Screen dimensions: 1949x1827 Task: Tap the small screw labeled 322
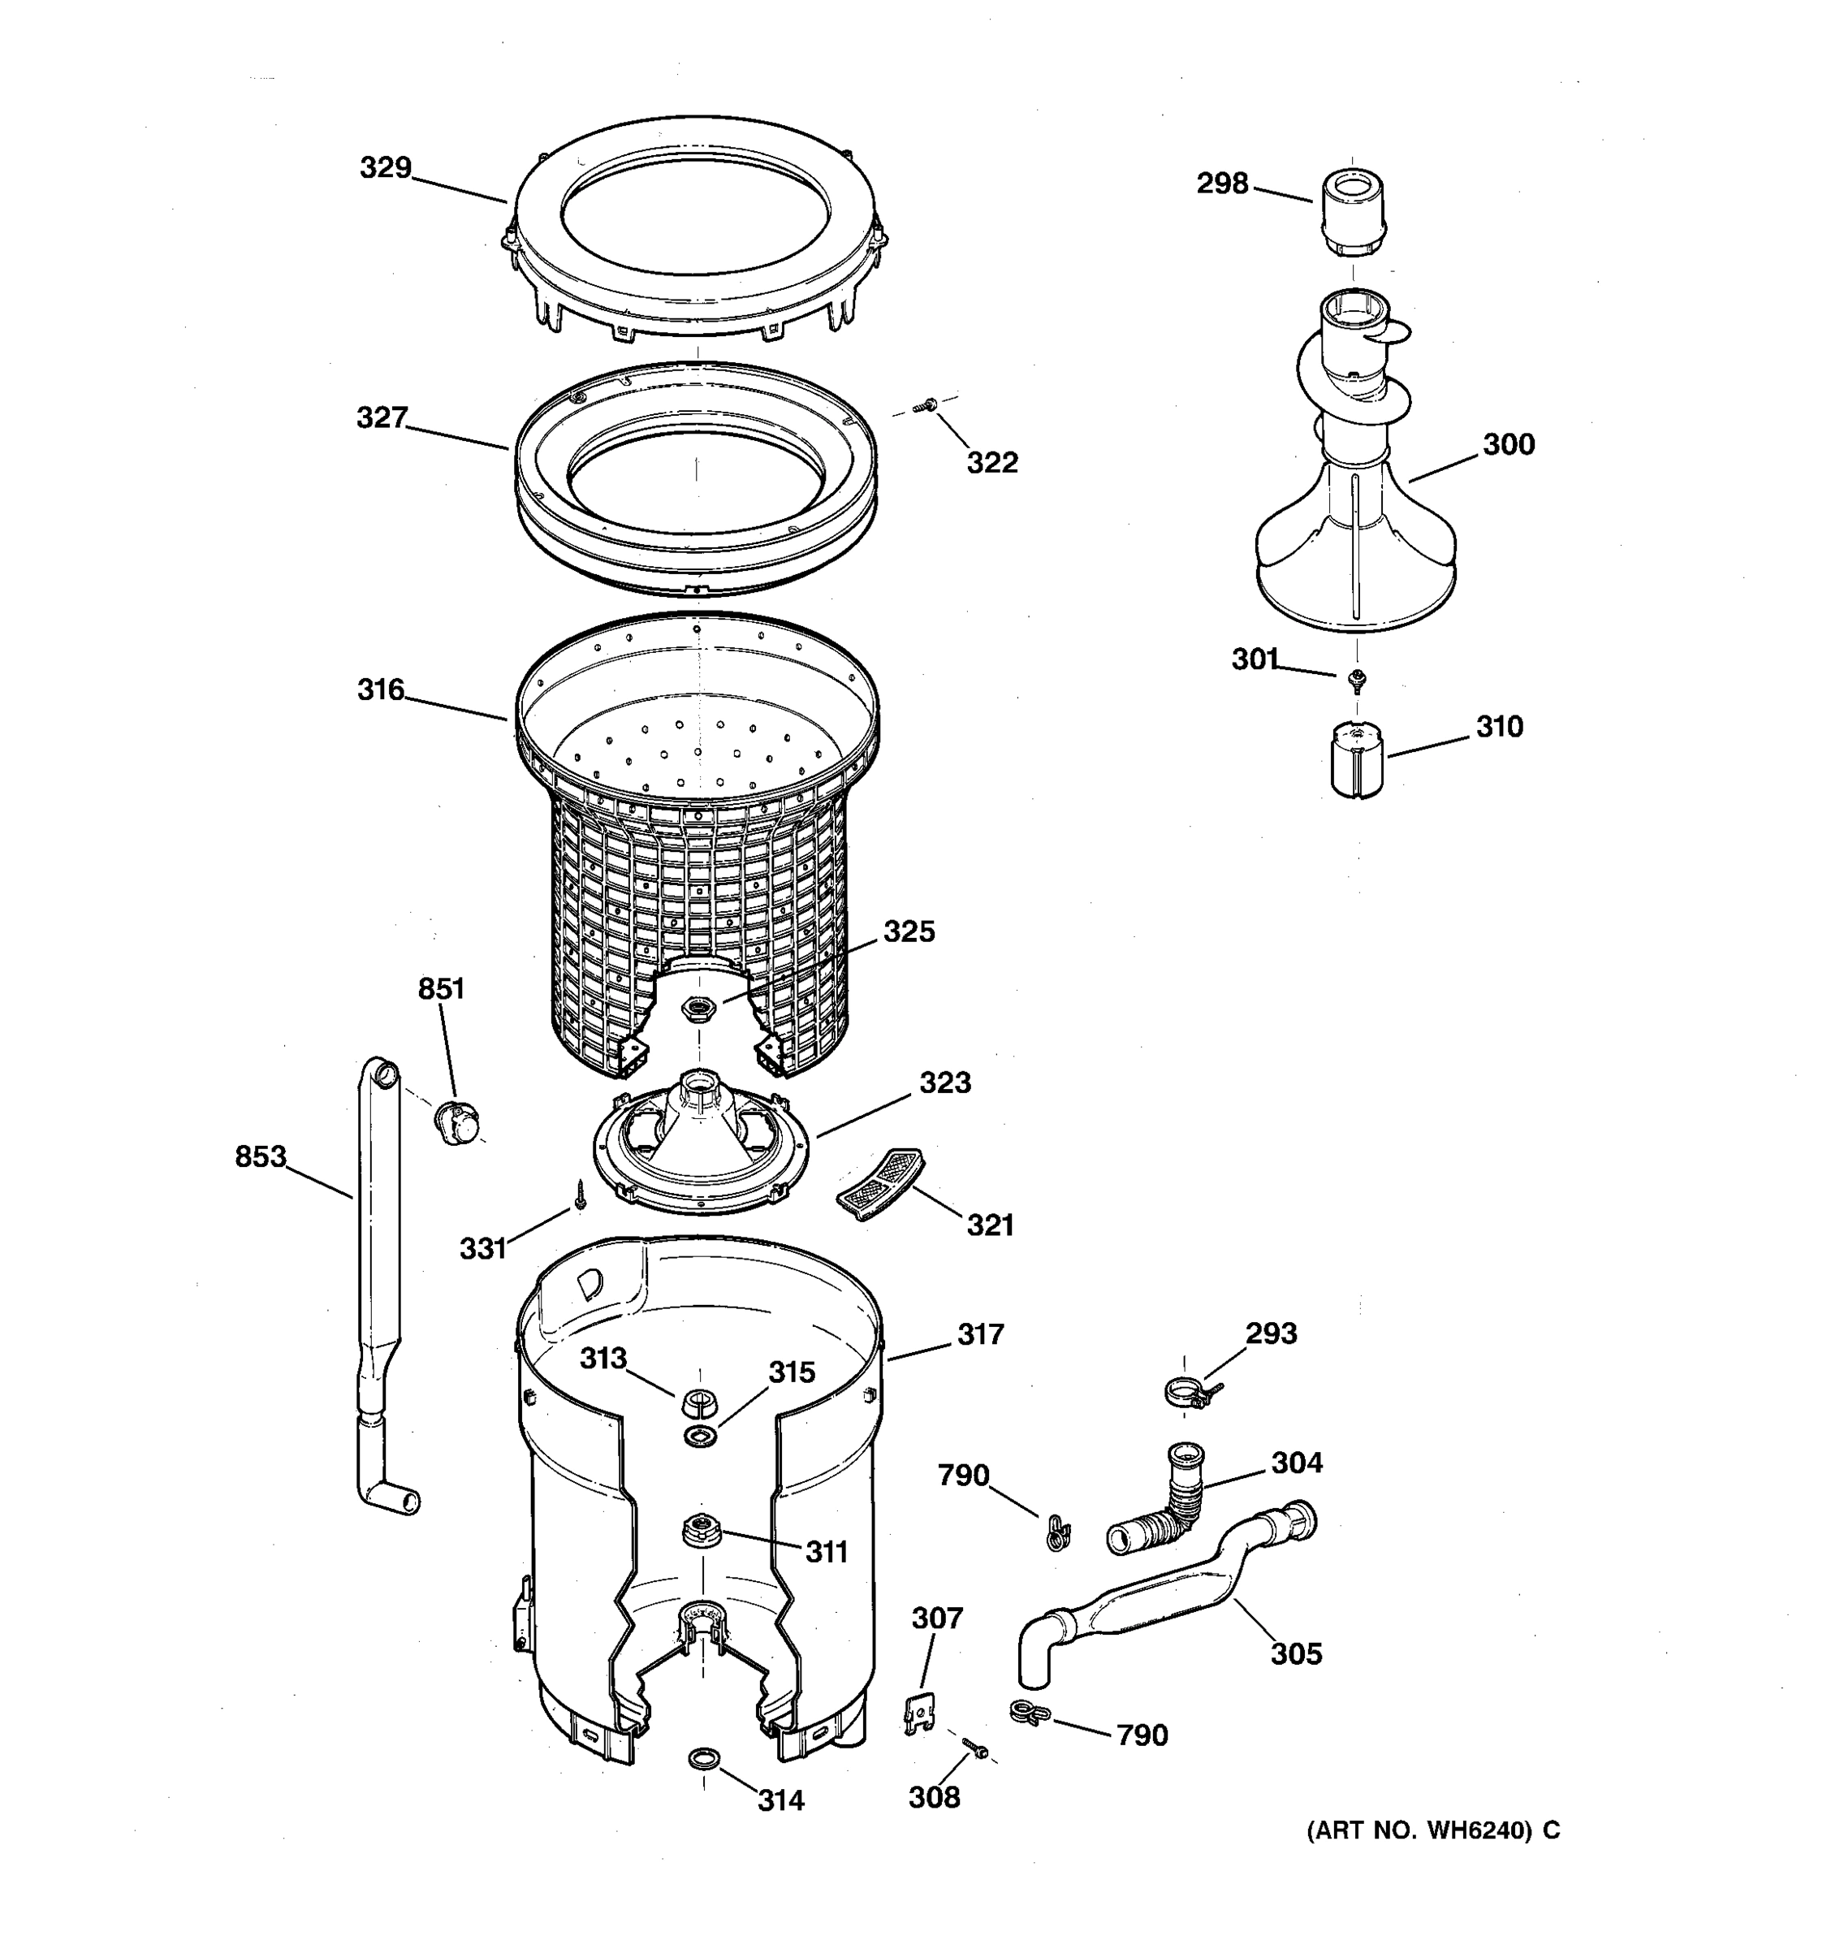pyautogui.click(x=925, y=406)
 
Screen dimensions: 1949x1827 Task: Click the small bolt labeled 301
pyautogui.click(x=1358, y=677)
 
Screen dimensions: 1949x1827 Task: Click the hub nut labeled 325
pyautogui.click(x=698, y=1006)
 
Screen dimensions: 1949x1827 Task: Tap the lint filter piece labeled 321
pyautogui.click(x=879, y=1183)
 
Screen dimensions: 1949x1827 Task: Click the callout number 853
pyautogui.click(x=261, y=1158)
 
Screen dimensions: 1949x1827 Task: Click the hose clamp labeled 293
pyautogui.click(x=1186, y=1391)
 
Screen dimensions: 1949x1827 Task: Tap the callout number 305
pyautogui.click(x=1296, y=1655)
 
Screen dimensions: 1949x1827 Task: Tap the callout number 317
pyautogui.click(x=980, y=1334)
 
